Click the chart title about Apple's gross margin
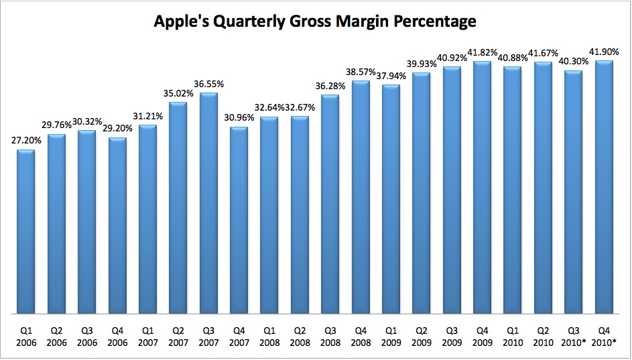315,21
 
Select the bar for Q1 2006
25,231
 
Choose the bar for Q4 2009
482,187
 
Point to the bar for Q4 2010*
604,187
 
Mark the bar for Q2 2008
300,215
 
